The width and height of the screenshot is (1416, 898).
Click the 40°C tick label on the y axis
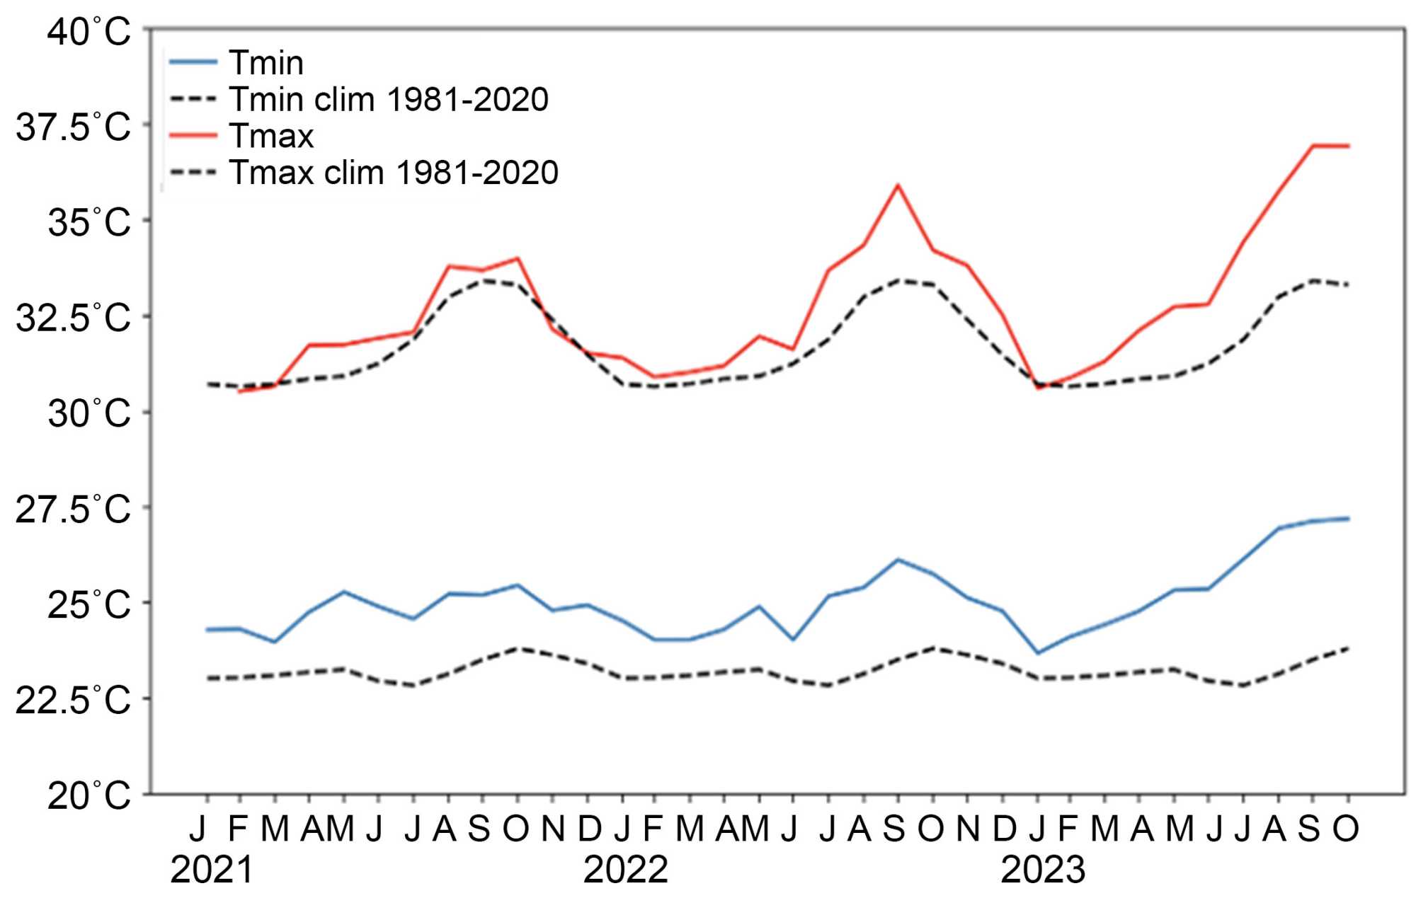point(89,33)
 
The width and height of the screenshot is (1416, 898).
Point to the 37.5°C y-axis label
point(74,127)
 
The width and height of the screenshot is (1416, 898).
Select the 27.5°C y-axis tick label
point(74,510)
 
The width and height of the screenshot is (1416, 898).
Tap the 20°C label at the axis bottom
point(89,796)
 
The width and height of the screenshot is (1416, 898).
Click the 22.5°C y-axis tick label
point(74,701)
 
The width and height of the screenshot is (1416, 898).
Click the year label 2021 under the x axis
point(212,870)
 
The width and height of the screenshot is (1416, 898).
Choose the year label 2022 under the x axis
point(626,870)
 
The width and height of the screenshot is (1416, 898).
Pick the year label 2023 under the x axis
point(1043,870)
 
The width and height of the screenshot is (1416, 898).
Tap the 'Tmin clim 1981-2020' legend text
point(388,99)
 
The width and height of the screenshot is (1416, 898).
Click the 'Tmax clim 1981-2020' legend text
point(393,173)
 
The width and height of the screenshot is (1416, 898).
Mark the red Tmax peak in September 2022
point(898,185)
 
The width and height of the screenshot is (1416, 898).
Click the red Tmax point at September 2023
point(1313,146)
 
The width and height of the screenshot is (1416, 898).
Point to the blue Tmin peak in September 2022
point(898,560)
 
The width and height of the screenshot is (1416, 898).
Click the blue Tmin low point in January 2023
point(1038,652)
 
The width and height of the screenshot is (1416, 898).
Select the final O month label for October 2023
point(1346,829)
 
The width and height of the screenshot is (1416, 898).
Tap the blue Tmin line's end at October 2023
point(1348,519)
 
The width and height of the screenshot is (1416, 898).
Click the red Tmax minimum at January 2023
point(1038,388)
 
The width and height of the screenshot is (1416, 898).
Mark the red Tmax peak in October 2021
point(518,258)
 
